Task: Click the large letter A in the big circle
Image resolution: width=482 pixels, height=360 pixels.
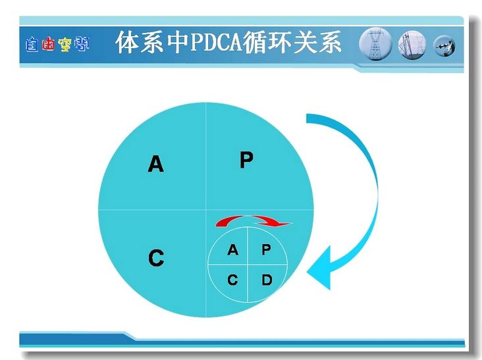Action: [155, 164]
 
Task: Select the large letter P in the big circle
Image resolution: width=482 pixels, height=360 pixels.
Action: [246, 159]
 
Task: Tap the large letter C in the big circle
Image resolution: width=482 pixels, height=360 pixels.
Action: [156, 258]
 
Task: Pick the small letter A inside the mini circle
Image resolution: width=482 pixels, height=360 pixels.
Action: [232, 249]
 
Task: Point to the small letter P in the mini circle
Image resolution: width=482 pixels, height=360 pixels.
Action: [266, 249]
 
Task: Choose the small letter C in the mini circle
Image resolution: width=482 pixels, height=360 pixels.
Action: [232, 280]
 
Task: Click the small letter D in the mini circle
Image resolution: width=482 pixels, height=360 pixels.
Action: [267, 280]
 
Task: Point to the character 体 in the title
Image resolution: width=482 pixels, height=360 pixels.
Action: [128, 41]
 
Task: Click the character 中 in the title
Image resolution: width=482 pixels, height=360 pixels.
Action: [178, 41]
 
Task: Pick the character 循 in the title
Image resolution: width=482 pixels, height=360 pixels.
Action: [255, 41]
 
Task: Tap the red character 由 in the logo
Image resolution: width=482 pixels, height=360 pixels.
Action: [48, 44]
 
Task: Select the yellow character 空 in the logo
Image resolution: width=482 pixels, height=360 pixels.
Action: [65, 45]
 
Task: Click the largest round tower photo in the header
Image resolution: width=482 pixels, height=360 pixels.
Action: [375, 44]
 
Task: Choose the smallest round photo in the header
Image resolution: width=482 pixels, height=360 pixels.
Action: [444, 46]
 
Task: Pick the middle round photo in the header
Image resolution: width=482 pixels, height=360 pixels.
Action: [412, 45]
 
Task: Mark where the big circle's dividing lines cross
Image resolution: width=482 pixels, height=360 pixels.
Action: [205, 209]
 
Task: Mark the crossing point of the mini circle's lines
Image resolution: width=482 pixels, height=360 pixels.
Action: [248, 264]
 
